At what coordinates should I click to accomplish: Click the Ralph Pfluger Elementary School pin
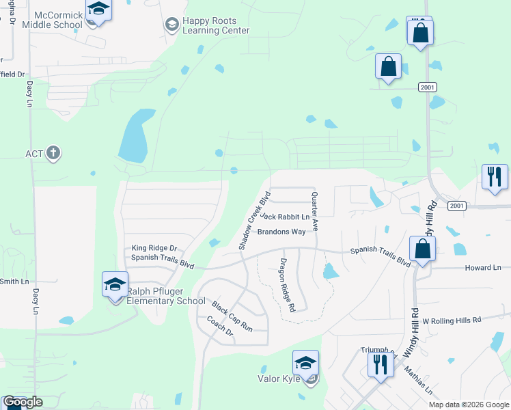pos(115,285)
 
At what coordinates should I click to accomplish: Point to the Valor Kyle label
pos(279,378)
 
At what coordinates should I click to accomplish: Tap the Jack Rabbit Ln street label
pos(285,217)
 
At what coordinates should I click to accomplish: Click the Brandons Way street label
pos(281,232)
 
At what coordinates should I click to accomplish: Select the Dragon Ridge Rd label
pos(286,285)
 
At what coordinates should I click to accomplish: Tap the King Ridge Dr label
pos(154,248)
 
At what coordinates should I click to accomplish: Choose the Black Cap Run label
pos(232,316)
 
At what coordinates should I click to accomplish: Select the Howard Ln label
pos(483,267)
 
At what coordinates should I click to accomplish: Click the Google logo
pos(23,402)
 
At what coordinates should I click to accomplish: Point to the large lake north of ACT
pos(134,135)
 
